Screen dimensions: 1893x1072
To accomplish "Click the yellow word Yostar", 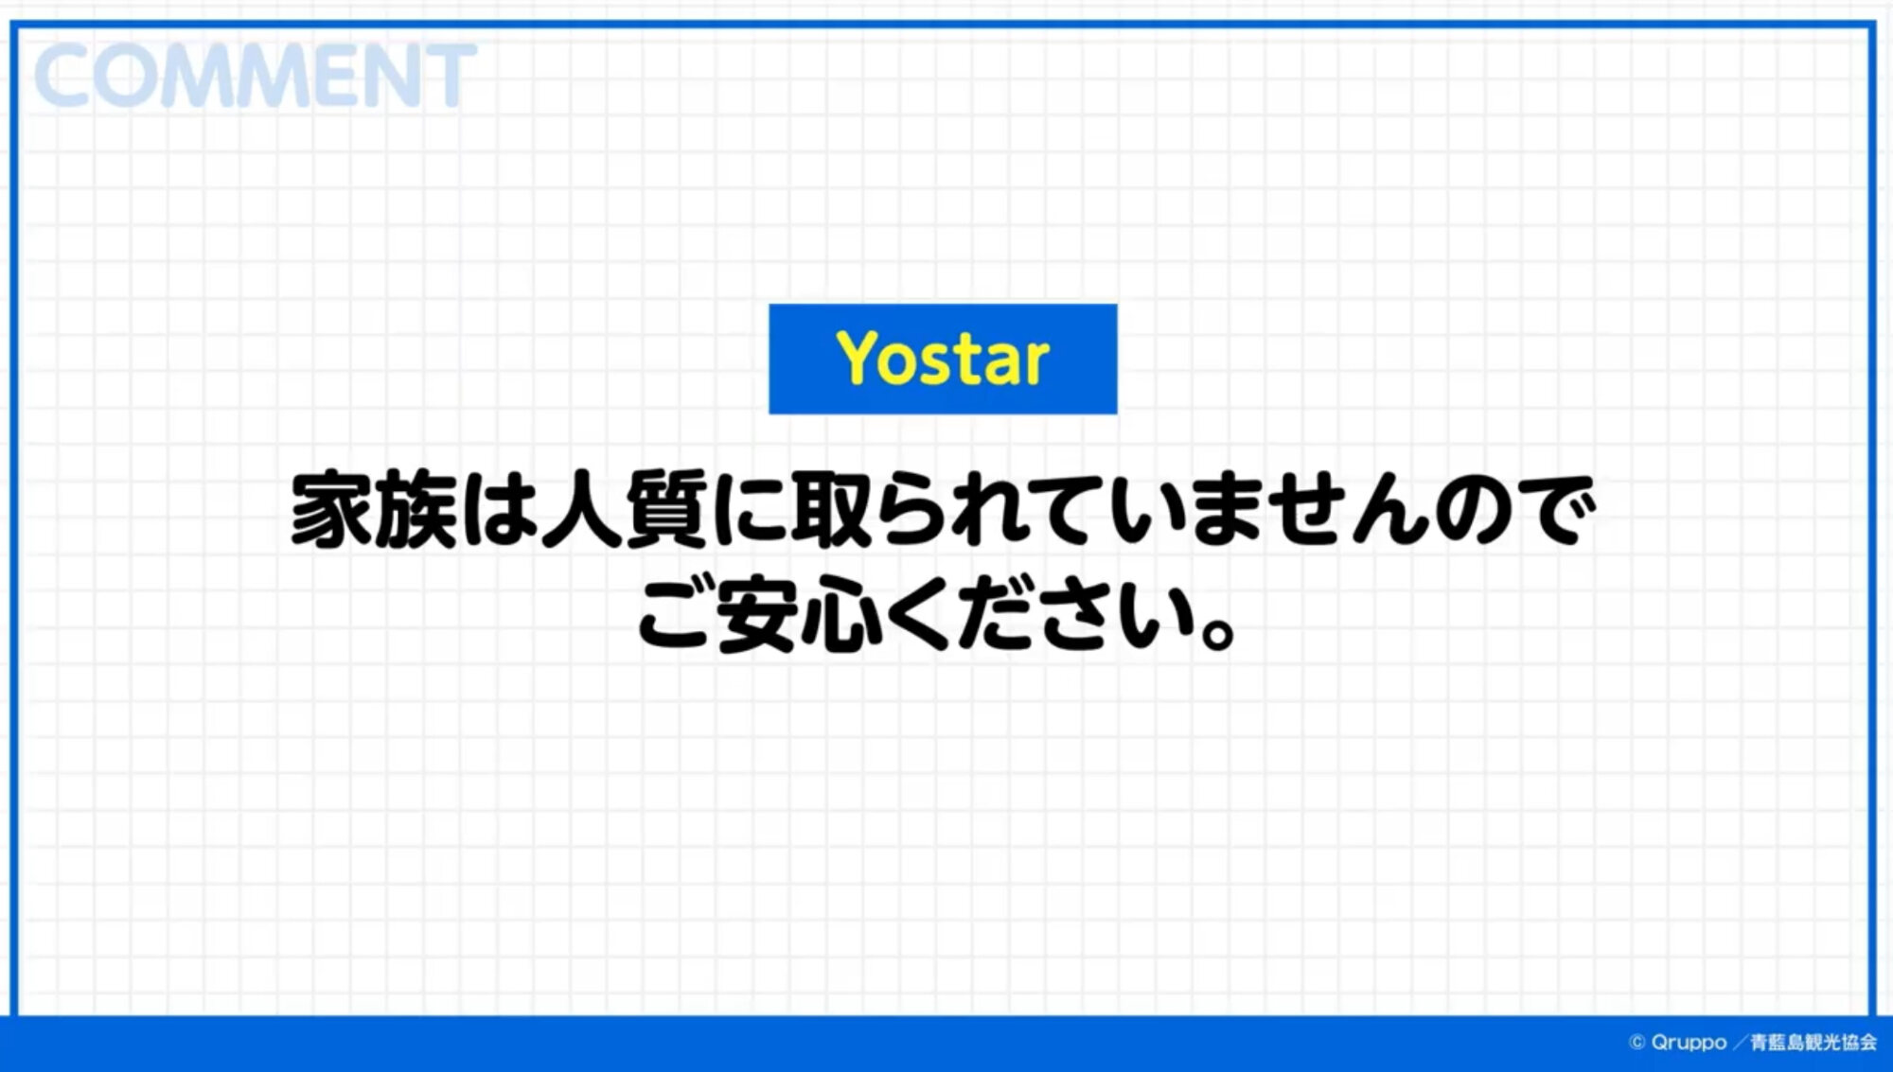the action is click(x=943, y=359).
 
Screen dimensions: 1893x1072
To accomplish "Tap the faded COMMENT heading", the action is click(x=255, y=76).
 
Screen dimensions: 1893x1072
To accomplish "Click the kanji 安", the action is click(x=757, y=614).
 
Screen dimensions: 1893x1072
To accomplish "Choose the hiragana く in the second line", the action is click(x=918, y=615).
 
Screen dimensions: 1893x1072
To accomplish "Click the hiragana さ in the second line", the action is click(x=1075, y=615).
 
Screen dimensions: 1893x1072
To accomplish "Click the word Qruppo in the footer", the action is click(x=1689, y=1042).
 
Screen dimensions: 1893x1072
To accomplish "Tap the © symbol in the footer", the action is click(x=1636, y=1042).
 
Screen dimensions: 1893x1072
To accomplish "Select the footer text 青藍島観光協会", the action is click(x=1813, y=1042).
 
